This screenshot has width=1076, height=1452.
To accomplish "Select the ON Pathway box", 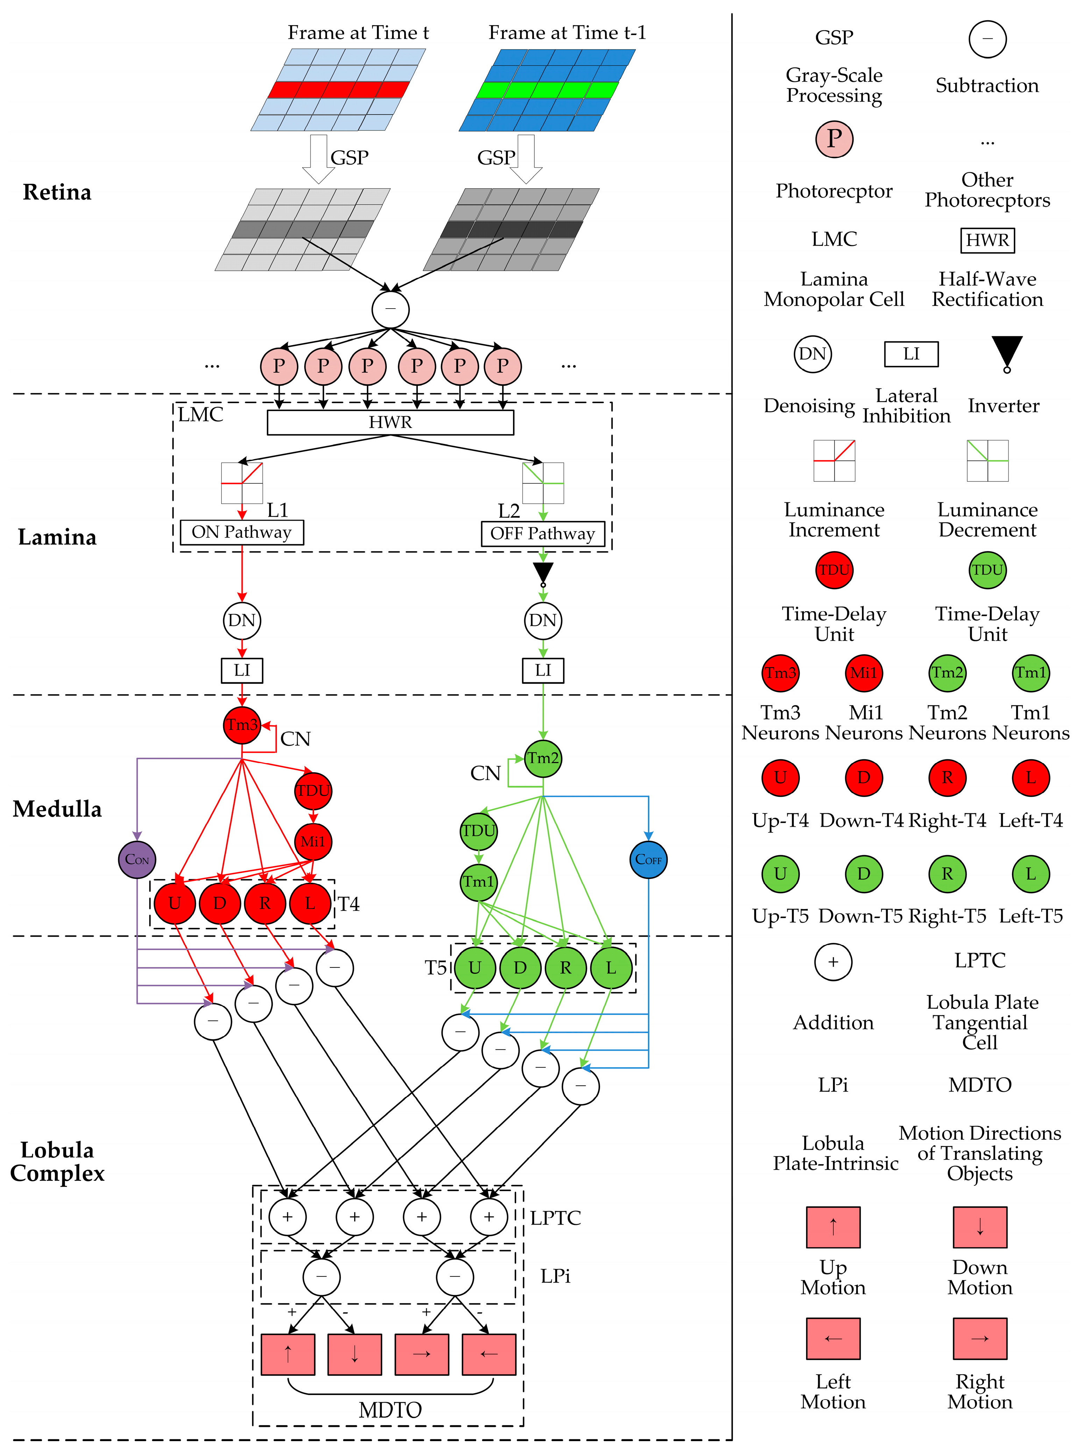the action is coord(242,533).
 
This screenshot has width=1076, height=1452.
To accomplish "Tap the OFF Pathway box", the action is coord(543,534).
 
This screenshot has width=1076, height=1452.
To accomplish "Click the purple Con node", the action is coord(137,860).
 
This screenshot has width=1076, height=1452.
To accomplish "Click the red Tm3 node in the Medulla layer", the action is coord(242,725).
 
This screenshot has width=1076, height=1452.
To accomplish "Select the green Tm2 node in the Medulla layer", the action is coord(543,758).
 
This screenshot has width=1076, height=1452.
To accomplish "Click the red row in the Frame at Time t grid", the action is coord(339,89).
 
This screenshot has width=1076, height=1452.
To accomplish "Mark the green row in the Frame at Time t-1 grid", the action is coord(548,89).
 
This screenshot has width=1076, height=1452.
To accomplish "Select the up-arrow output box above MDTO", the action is coord(288,1354).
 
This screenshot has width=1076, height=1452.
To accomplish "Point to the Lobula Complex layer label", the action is coord(57,1161).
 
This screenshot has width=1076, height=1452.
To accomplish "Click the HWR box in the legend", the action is coord(988,240).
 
